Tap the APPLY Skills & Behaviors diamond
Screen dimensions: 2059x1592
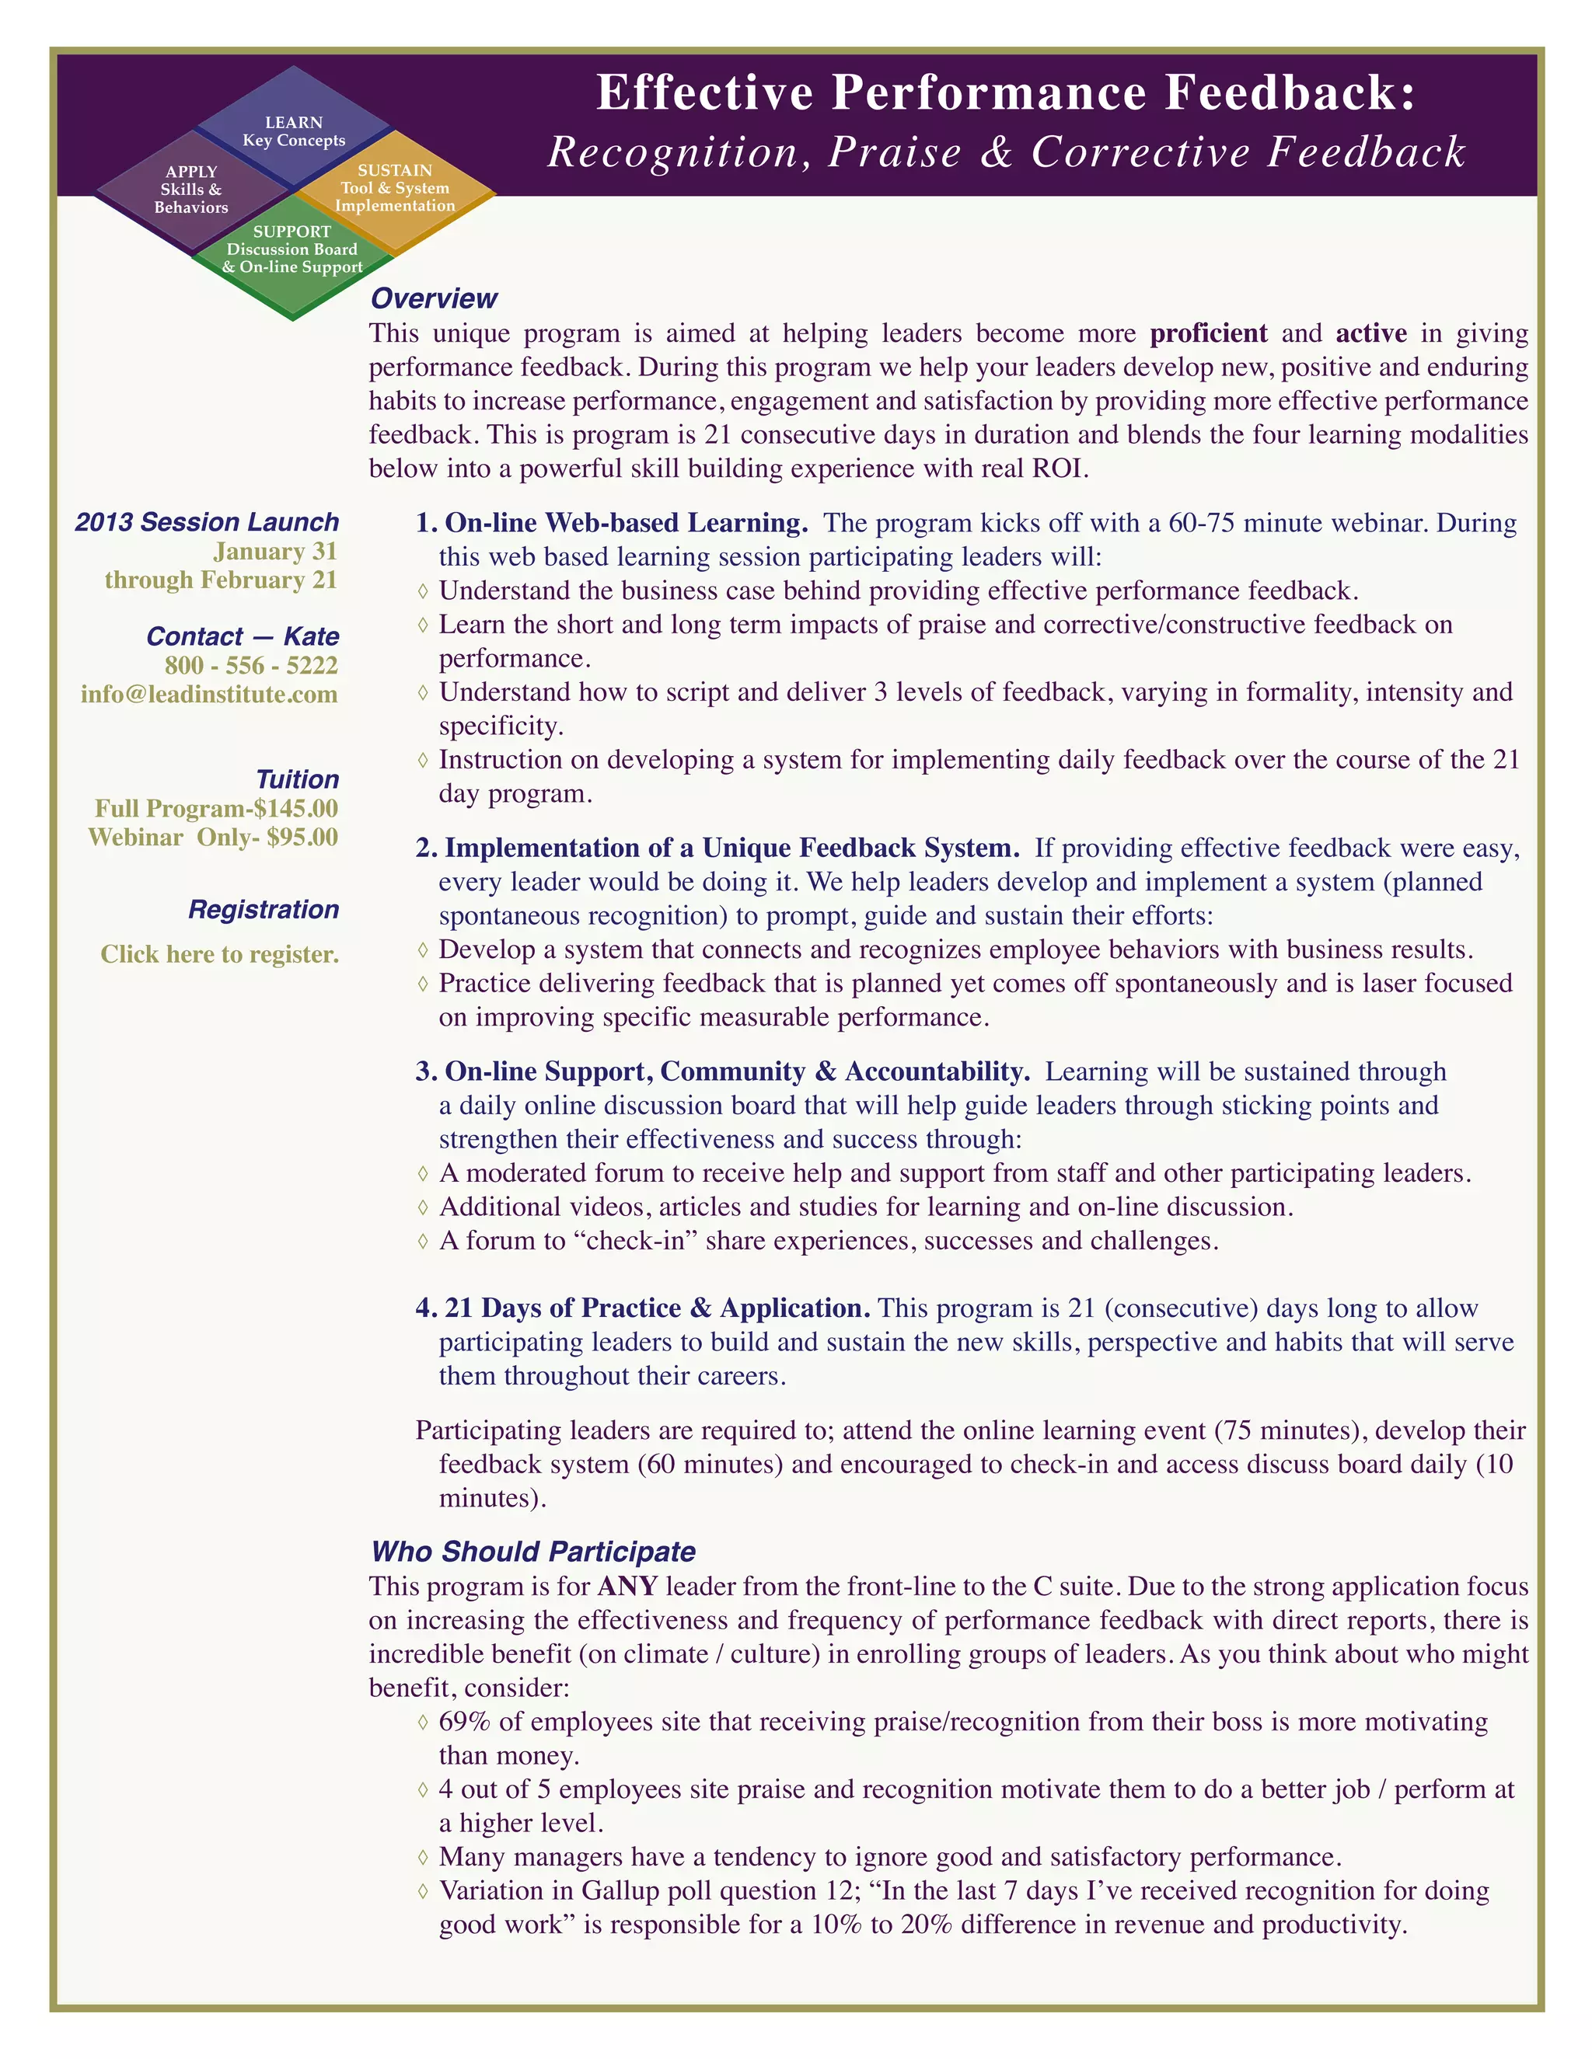tap(191, 190)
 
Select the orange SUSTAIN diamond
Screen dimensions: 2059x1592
tap(395, 187)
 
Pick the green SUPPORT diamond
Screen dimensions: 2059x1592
tap(292, 250)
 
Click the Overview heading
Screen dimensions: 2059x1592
tap(434, 299)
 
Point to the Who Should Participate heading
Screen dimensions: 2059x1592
tap(532, 1551)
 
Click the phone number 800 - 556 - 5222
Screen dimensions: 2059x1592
tap(251, 666)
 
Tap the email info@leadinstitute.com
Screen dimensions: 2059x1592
tap(209, 695)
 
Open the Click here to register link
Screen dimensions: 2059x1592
tap(220, 955)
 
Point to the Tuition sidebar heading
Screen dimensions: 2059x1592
tap(297, 779)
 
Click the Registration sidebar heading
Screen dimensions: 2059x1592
tap(264, 910)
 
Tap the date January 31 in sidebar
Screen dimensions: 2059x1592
tap(275, 552)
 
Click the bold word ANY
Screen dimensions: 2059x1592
tap(627, 1586)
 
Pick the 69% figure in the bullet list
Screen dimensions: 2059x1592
tap(465, 1722)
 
